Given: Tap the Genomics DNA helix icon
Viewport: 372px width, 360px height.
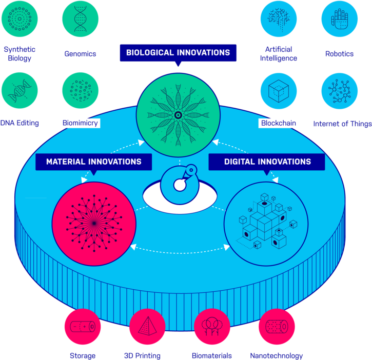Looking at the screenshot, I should click(81, 19).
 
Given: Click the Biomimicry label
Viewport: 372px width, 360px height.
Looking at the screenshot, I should click(80, 123).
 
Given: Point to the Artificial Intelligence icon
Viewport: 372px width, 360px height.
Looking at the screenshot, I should click(279, 19).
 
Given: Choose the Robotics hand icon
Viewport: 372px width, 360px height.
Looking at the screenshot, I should click(339, 19).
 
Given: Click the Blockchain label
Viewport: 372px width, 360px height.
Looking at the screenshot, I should click(279, 123).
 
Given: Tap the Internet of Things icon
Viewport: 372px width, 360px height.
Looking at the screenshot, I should click(339, 91).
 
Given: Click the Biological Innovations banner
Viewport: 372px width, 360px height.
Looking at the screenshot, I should click(178, 52).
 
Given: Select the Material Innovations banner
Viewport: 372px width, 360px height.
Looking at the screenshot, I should click(93, 162).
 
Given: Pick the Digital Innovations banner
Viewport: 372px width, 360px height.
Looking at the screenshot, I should click(267, 162).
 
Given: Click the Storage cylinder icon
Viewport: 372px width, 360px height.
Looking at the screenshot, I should click(82, 327).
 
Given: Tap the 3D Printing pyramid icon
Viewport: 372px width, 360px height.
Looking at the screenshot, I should click(147, 327).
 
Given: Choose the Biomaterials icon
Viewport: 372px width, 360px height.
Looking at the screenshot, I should click(211, 327).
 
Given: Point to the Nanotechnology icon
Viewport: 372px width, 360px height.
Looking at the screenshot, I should click(277, 327).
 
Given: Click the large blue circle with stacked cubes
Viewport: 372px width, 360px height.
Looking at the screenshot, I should click(266, 222).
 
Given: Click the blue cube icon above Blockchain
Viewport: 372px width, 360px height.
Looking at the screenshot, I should click(279, 91).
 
